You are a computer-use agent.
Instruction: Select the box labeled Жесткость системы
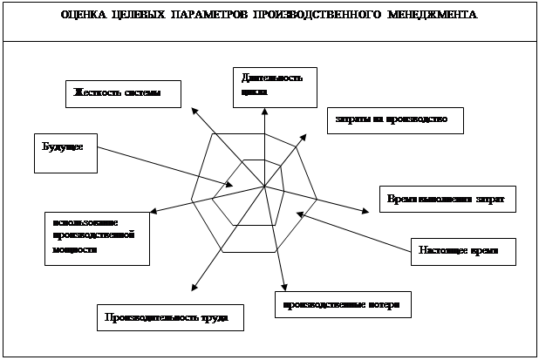[124, 93]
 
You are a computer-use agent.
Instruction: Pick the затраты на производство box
[392, 119]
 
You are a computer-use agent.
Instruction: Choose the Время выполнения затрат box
[447, 198]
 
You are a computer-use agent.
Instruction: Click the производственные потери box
[342, 305]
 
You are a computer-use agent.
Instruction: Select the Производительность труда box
[169, 317]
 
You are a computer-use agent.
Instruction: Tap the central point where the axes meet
[264, 187]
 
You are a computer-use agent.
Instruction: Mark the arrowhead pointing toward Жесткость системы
[194, 110]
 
